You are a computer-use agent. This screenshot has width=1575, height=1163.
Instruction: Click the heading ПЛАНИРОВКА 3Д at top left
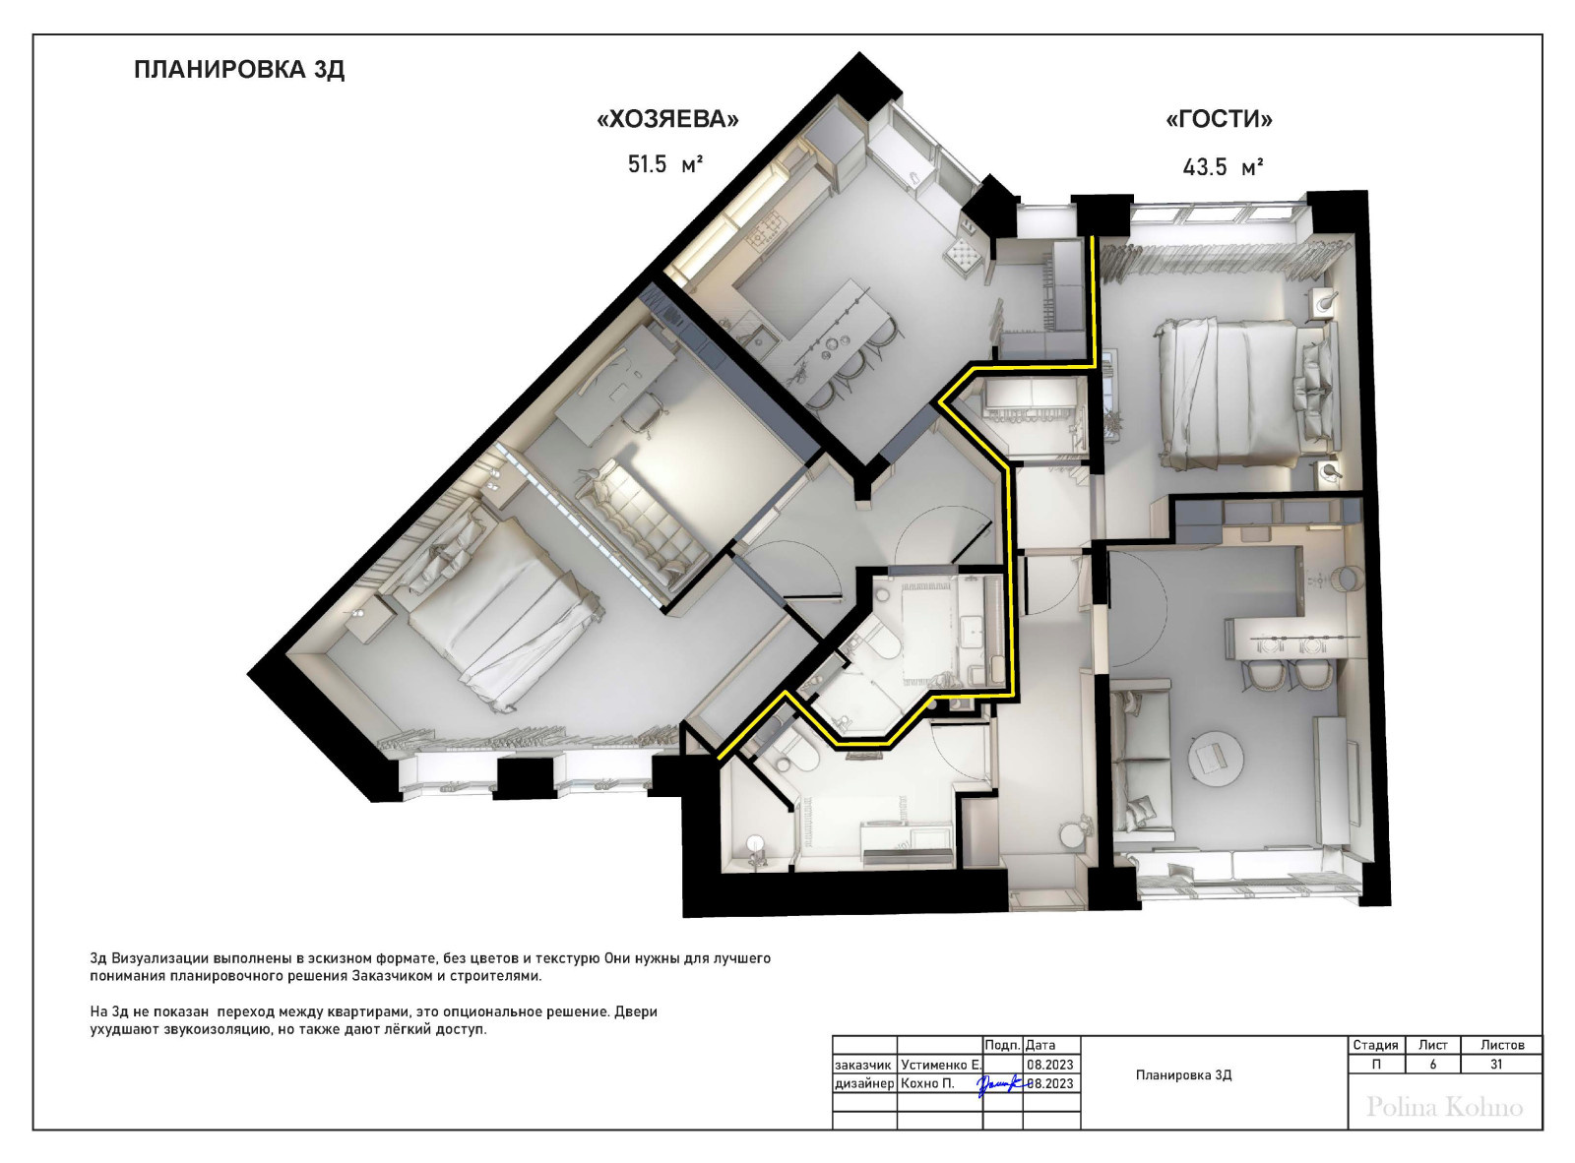[x=239, y=70]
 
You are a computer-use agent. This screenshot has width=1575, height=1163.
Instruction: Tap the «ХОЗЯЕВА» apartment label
[x=667, y=119]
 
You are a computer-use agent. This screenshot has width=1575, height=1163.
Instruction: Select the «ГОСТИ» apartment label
[x=1220, y=119]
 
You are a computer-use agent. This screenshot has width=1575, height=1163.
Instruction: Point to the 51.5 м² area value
[x=664, y=164]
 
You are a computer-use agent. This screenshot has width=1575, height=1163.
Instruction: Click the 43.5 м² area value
[x=1223, y=167]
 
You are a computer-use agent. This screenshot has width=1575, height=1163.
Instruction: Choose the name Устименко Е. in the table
[x=941, y=1065]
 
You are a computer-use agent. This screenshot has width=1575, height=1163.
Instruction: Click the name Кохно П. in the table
[x=927, y=1083]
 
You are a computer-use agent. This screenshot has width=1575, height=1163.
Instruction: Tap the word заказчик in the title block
[x=862, y=1065]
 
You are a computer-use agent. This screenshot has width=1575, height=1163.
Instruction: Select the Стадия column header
[x=1375, y=1045]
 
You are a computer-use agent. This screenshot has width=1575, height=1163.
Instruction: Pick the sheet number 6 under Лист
[x=1433, y=1065]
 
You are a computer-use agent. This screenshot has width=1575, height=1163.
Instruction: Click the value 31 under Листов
[x=1496, y=1065]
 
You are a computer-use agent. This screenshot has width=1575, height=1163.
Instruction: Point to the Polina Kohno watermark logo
[x=1445, y=1108]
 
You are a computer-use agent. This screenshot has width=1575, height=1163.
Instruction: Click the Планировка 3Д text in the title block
[x=1184, y=1075]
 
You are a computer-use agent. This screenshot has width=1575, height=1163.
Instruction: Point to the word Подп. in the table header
[x=1003, y=1045]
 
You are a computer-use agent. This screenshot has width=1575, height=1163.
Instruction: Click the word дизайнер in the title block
[x=864, y=1083]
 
